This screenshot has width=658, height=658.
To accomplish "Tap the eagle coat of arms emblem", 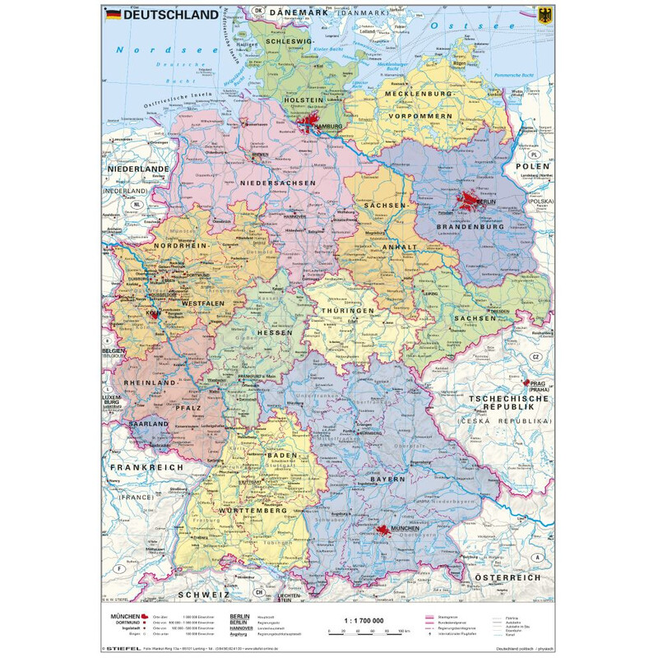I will click(x=547, y=13).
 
